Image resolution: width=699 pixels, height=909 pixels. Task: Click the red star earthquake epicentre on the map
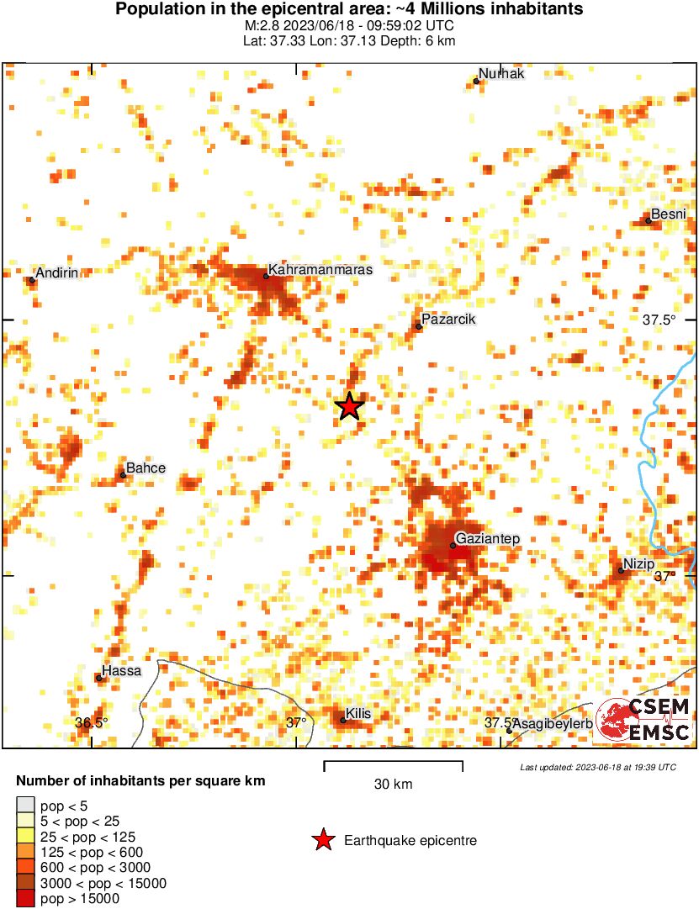tap(349, 407)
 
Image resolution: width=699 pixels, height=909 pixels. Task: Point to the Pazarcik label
tap(448, 320)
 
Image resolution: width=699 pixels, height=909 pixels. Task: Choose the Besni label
tap(670, 214)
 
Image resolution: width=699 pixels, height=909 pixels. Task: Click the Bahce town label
tap(146, 468)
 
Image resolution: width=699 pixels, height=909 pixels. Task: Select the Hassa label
tap(121, 672)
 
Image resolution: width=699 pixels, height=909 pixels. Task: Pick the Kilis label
tap(357, 714)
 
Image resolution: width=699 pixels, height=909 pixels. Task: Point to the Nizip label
tap(639, 563)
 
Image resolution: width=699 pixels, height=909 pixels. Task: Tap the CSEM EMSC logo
tap(644, 721)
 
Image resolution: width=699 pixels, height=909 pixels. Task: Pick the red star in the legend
tap(322, 840)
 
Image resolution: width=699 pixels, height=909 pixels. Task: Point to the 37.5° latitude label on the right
tap(659, 320)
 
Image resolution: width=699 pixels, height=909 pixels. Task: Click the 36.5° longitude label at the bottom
tap(91, 722)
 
